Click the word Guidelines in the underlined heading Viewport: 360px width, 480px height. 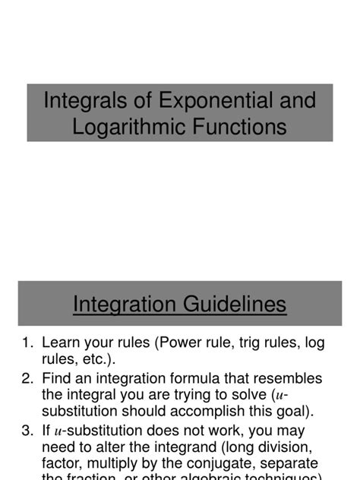coord(233,305)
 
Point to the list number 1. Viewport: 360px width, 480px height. coord(27,343)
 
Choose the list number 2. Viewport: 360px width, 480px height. coord(27,378)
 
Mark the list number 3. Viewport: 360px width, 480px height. coord(27,431)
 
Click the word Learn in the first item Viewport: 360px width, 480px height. coord(62,343)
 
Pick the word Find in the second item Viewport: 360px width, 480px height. coord(58,378)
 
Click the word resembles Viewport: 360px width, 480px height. coord(286,378)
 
